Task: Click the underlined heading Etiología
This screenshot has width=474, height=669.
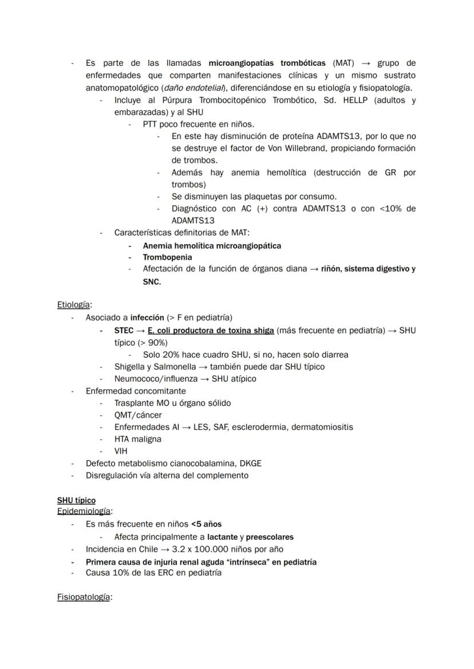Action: (74, 305)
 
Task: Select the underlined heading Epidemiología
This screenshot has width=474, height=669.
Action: (84, 512)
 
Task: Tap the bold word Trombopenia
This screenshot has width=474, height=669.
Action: (167, 257)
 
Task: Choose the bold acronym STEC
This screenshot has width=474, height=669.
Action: (124, 330)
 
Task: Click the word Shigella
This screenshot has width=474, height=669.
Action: (131, 366)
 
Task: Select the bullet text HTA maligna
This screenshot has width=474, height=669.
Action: (137, 439)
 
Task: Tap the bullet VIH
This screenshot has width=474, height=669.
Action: (121, 451)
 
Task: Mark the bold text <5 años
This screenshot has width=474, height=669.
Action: (206, 524)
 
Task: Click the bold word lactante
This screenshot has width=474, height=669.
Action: (222, 537)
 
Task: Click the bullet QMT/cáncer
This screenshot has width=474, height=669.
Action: (137, 415)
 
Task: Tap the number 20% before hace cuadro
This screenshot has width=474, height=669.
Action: (172, 354)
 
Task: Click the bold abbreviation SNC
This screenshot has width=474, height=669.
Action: (152, 282)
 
